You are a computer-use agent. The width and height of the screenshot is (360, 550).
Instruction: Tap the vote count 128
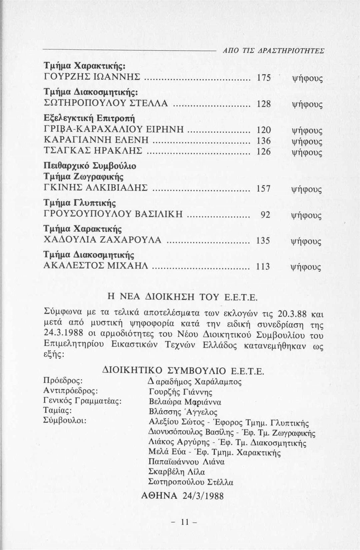click(x=263, y=104)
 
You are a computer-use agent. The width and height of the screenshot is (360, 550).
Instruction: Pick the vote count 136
click(x=263, y=141)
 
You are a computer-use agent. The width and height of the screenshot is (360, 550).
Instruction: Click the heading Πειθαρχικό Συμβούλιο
click(x=90, y=166)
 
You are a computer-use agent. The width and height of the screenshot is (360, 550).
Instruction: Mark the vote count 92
click(x=265, y=215)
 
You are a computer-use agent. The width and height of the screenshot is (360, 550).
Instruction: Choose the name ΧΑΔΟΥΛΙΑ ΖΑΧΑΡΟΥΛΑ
click(x=103, y=240)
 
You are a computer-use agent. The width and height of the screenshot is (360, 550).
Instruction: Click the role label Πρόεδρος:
click(x=63, y=381)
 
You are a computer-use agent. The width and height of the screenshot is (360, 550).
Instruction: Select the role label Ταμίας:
click(x=58, y=410)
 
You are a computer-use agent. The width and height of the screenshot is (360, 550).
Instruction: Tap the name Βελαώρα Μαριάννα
click(x=185, y=402)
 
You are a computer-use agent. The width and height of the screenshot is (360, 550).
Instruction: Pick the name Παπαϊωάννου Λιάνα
click(x=186, y=462)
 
